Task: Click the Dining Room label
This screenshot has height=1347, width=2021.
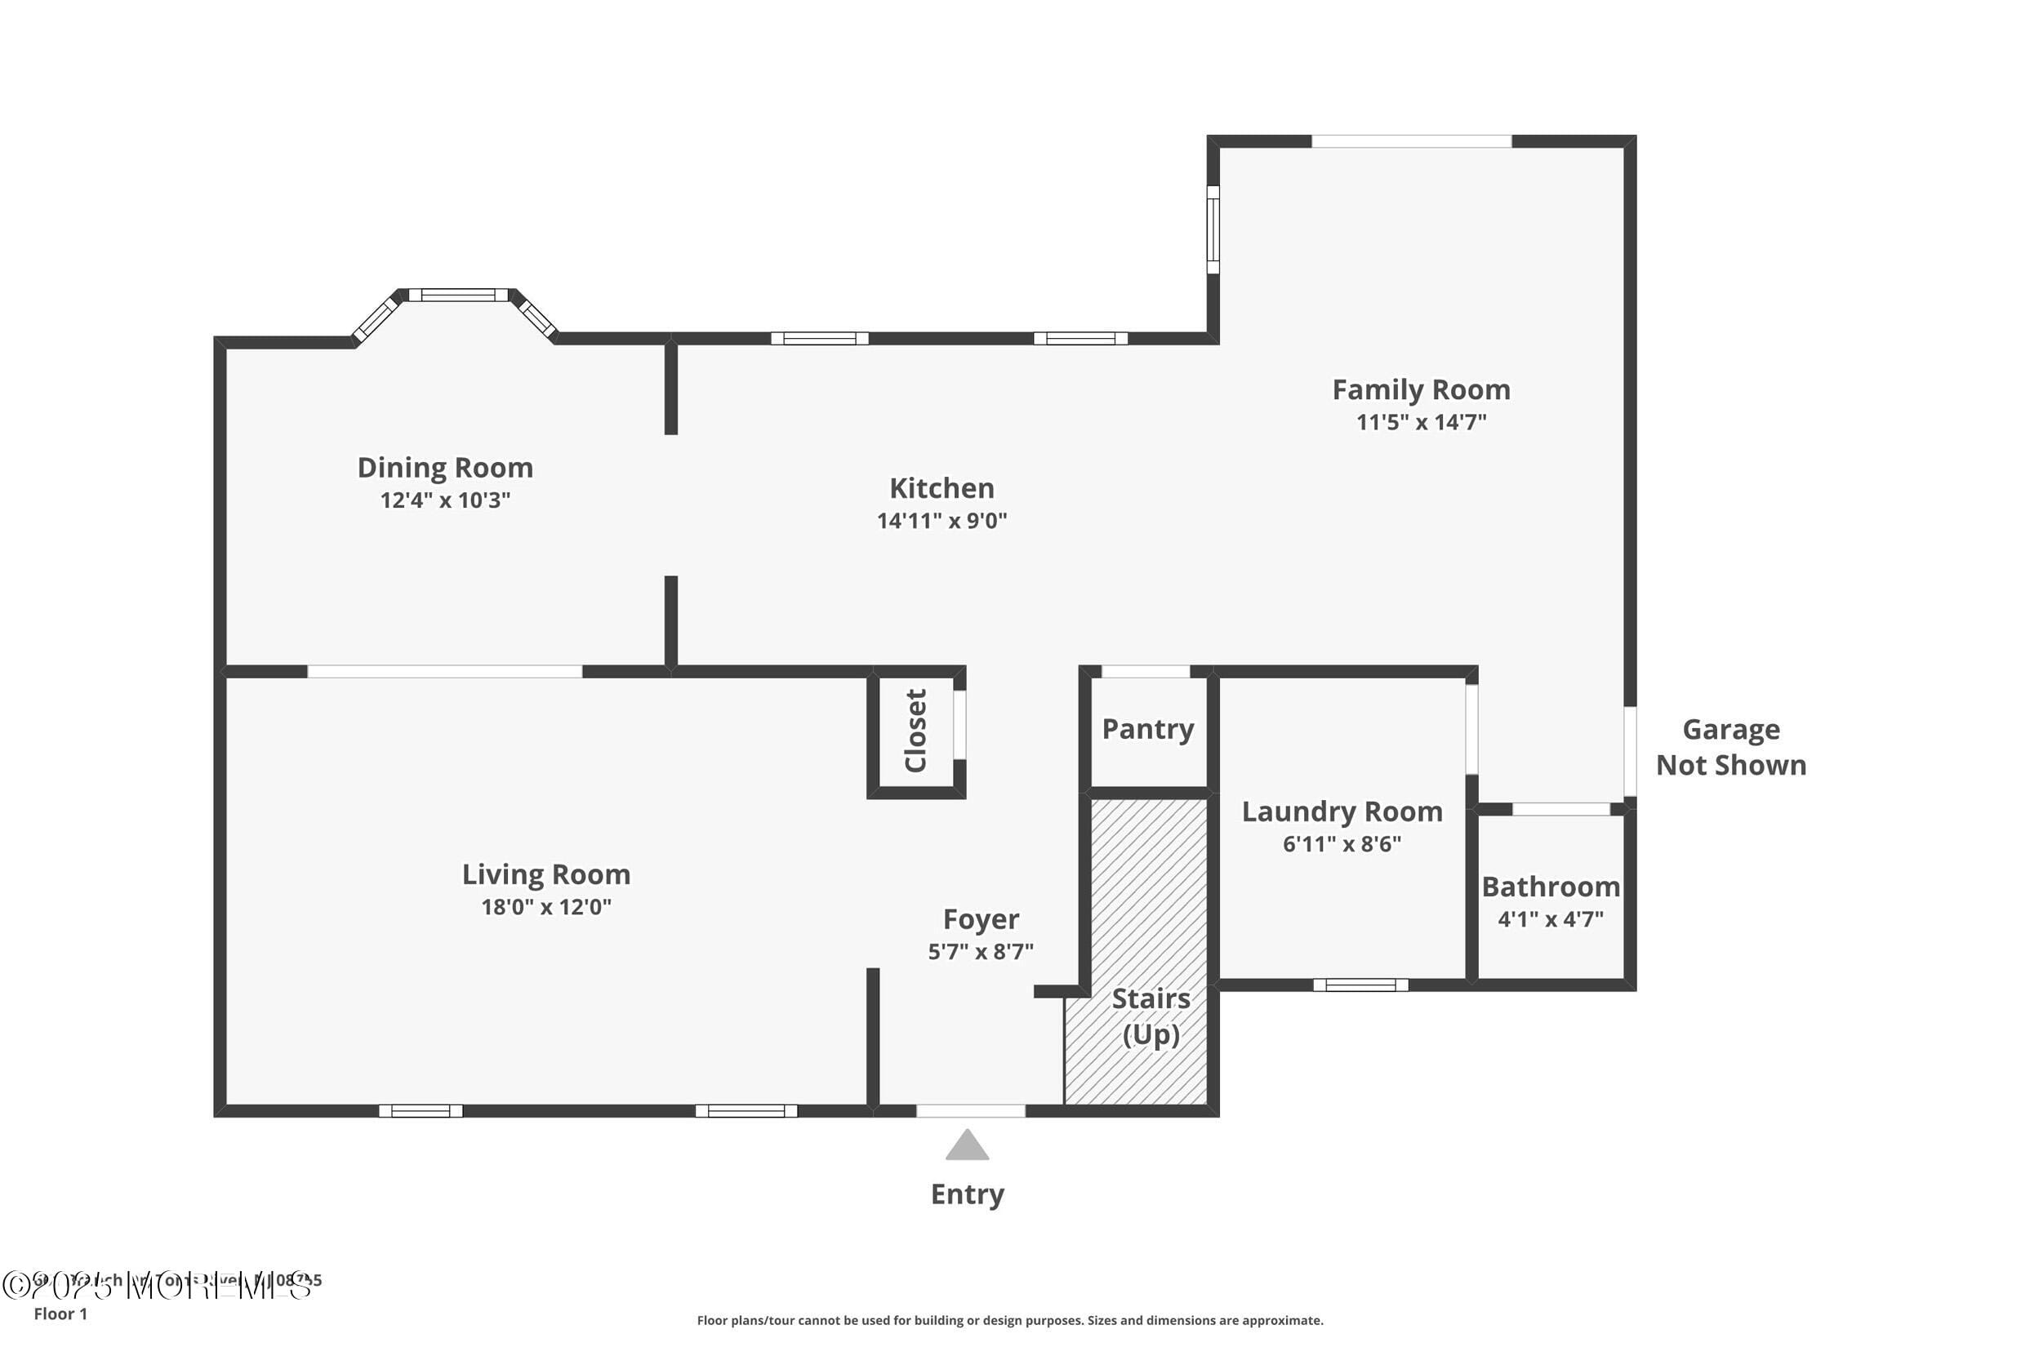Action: (445, 469)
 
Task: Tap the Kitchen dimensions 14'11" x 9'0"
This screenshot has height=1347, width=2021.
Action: (942, 521)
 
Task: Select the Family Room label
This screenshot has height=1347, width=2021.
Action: (1421, 390)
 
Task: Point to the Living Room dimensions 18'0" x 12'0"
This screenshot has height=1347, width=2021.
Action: (546, 907)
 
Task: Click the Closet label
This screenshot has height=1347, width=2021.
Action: (916, 731)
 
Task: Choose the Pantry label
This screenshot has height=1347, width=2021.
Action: (1148, 729)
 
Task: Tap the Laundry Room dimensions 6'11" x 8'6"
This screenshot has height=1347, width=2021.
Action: (1342, 844)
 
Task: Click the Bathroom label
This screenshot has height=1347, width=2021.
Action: (1551, 887)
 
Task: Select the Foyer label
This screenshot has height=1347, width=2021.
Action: (981, 919)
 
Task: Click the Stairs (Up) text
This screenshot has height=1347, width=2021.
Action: (1151, 1016)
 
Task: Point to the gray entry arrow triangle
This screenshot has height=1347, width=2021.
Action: (968, 1147)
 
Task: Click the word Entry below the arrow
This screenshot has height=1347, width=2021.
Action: (968, 1194)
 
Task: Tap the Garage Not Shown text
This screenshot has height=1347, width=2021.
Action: (1730, 747)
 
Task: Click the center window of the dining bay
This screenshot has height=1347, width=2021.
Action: (458, 296)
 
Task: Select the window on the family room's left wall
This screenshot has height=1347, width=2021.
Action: (1213, 229)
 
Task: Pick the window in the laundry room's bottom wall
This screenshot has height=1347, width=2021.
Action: (1360, 985)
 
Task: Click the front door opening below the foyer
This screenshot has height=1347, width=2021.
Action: (971, 1111)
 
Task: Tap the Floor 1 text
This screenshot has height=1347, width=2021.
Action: (60, 1314)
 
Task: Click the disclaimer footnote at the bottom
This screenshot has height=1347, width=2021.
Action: (1009, 1320)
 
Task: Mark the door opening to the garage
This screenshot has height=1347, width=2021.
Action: (1630, 752)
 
